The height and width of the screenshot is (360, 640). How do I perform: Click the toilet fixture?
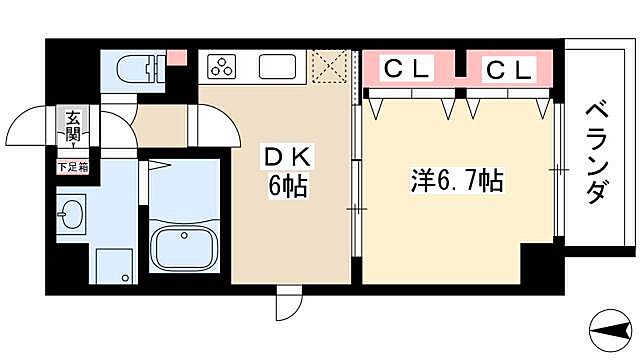point(135,68)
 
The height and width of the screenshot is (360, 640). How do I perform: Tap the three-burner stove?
point(222,67)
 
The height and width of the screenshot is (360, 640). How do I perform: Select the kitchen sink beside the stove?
point(276,67)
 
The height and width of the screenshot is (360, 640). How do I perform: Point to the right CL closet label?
point(509,69)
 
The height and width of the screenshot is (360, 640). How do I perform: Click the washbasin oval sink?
point(71,214)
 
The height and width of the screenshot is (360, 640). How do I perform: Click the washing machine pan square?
point(111,264)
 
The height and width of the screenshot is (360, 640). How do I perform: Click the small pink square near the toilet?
point(176,57)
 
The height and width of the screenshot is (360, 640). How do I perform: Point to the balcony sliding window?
point(557,170)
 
